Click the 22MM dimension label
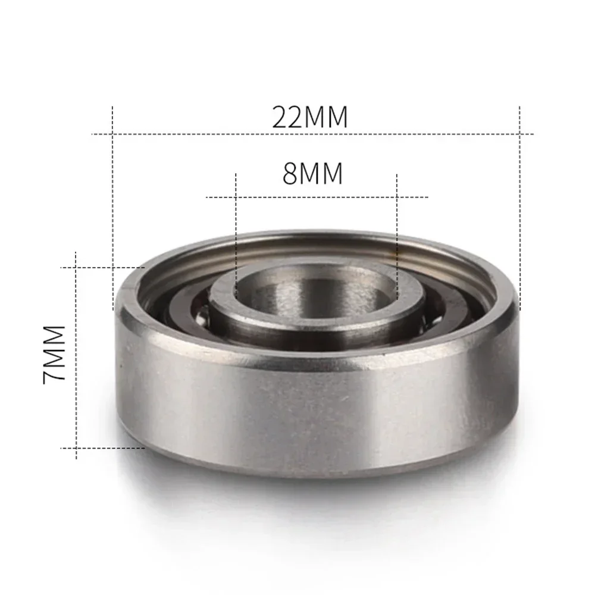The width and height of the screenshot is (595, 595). point(310,117)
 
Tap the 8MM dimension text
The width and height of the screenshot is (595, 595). point(313,175)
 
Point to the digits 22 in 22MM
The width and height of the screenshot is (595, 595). point(289,117)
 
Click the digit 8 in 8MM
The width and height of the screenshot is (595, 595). point(290,175)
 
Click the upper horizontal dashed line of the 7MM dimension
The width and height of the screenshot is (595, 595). point(107,268)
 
